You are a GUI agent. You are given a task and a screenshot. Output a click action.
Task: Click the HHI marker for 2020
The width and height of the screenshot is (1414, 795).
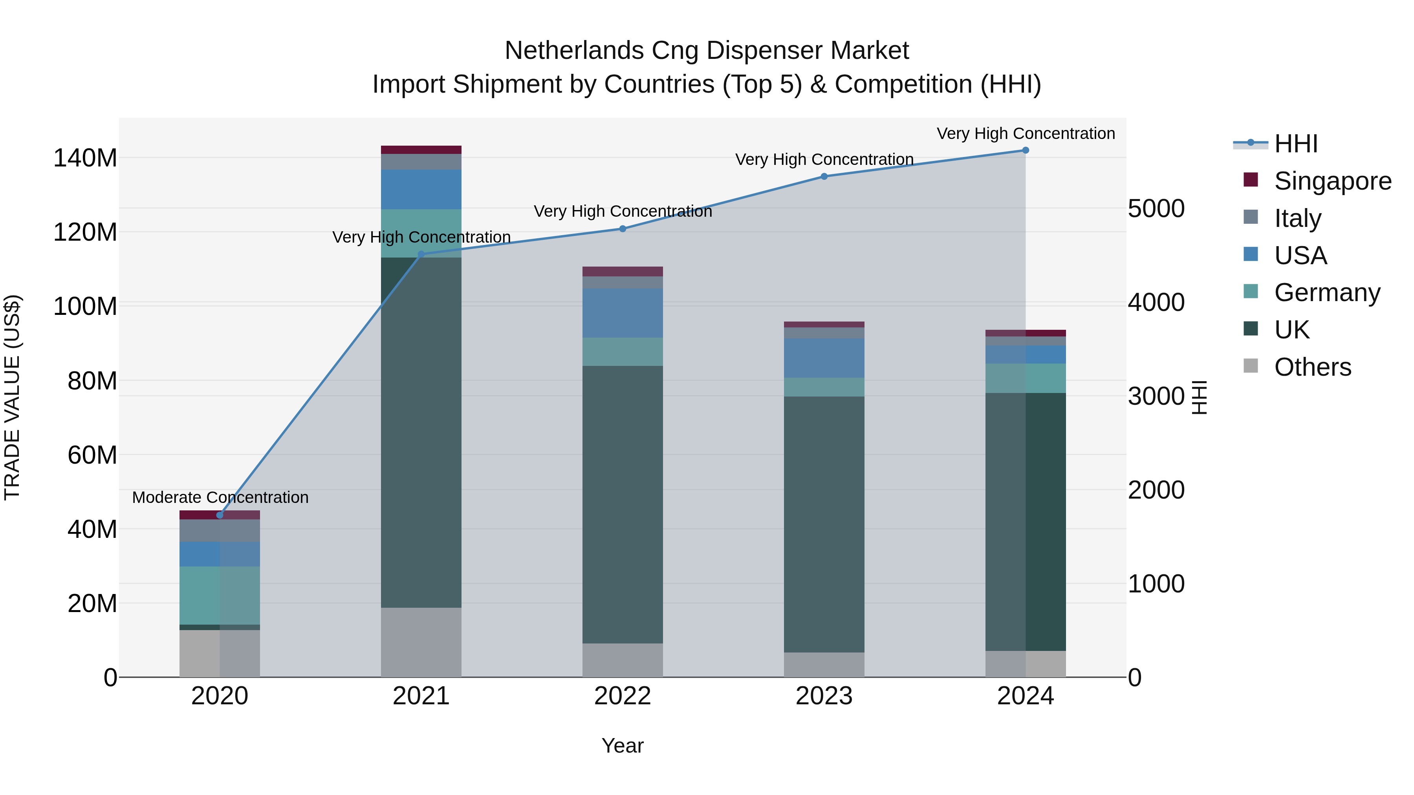[220, 515]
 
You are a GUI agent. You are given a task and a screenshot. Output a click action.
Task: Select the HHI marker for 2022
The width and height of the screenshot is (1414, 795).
[623, 229]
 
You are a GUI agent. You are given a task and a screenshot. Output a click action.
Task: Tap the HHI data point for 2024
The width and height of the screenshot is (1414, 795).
[1026, 150]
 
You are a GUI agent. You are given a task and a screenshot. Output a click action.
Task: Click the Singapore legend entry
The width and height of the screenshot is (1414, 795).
[1332, 181]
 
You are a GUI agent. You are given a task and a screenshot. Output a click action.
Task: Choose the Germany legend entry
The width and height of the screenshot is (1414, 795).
[1327, 292]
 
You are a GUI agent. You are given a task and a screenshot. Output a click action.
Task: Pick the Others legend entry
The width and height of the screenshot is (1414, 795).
[1312, 367]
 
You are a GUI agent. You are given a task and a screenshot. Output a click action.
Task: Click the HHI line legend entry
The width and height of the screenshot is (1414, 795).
[1295, 144]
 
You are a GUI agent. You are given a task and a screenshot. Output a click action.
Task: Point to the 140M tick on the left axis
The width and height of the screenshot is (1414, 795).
[85, 158]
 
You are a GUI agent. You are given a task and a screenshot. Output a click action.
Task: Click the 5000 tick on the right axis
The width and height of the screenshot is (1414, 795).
[1156, 208]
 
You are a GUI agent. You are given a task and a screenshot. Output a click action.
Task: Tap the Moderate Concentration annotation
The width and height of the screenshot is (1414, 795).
[220, 497]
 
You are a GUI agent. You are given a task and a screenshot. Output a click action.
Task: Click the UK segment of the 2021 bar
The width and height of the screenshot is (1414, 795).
[421, 433]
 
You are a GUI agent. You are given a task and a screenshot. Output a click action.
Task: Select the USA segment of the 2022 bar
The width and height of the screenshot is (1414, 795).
[623, 313]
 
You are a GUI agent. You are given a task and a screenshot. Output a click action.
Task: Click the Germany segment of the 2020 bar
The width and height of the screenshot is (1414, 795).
[220, 595]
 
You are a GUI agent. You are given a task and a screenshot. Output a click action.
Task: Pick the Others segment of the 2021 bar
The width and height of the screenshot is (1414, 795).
[421, 642]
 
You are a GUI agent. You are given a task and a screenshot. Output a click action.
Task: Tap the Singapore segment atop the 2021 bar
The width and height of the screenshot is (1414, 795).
[421, 150]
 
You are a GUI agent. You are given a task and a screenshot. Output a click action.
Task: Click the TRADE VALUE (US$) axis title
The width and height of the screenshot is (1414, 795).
[12, 397]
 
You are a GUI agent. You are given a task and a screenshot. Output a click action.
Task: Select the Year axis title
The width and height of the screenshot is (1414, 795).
[623, 746]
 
